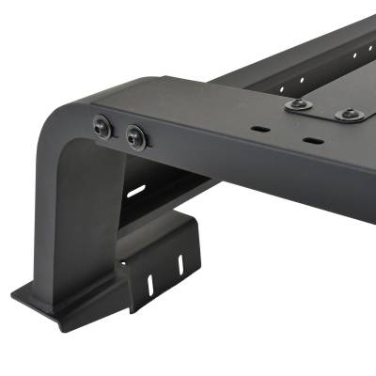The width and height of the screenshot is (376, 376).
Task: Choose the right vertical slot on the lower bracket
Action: coord(182,266)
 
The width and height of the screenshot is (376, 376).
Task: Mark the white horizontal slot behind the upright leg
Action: coord(136,191)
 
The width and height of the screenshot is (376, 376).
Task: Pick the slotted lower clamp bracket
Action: coord(164,263)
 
